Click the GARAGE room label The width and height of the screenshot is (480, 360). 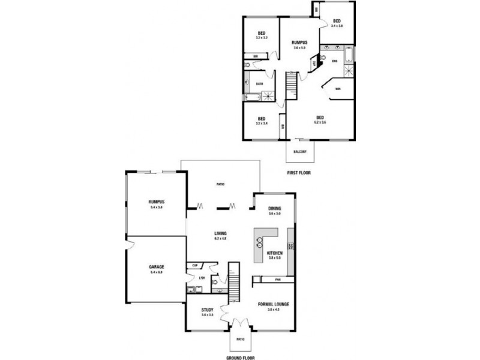pyautogui.click(x=157, y=266)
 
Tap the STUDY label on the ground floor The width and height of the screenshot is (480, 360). pyautogui.click(x=208, y=310)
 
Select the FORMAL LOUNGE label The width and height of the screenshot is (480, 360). pyautogui.click(x=274, y=304)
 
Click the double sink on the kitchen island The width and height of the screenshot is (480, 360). pyautogui.click(x=260, y=242)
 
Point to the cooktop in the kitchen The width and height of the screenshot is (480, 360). pyautogui.click(x=291, y=247)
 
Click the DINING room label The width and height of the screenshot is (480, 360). pyautogui.click(x=275, y=208)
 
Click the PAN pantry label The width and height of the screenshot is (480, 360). pyautogui.click(x=277, y=279)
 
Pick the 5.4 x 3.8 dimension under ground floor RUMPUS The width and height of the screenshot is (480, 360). pyautogui.click(x=157, y=207)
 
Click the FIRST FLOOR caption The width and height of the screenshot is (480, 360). pyautogui.click(x=300, y=172)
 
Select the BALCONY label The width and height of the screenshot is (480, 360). pyautogui.click(x=300, y=152)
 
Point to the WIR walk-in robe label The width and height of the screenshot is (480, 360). pyautogui.click(x=338, y=89)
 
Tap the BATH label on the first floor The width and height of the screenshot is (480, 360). pyautogui.click(x=260, y=84)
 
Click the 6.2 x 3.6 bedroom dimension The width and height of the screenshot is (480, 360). pyautogui.click(x=320, y=122)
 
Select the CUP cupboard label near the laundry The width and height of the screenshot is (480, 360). pyautogui.click(x=196, y=265)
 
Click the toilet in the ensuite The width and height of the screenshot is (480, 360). pyautogui.click(x=322, y=58)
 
